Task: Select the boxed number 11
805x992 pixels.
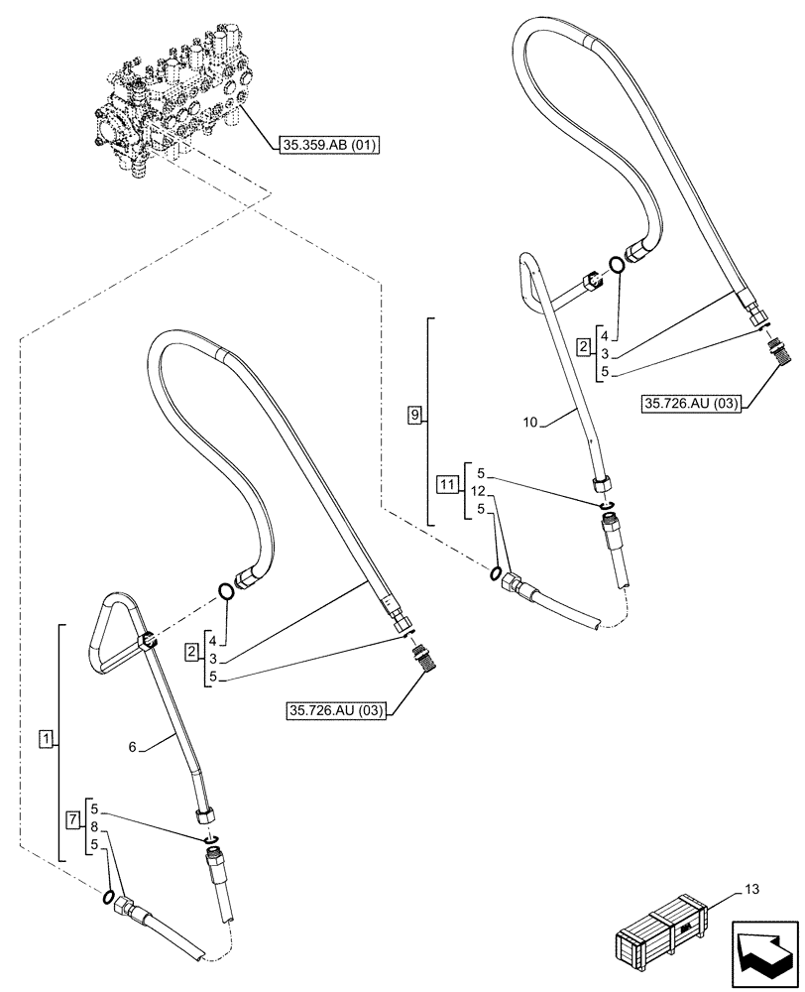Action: [x=447, y=484]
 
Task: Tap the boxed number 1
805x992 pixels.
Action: [x=45, y=738]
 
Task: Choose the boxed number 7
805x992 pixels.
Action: [x=72, y=818]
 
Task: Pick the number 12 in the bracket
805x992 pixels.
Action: [x=478, y=491]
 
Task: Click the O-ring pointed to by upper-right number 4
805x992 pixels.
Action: [x=617, y=264]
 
